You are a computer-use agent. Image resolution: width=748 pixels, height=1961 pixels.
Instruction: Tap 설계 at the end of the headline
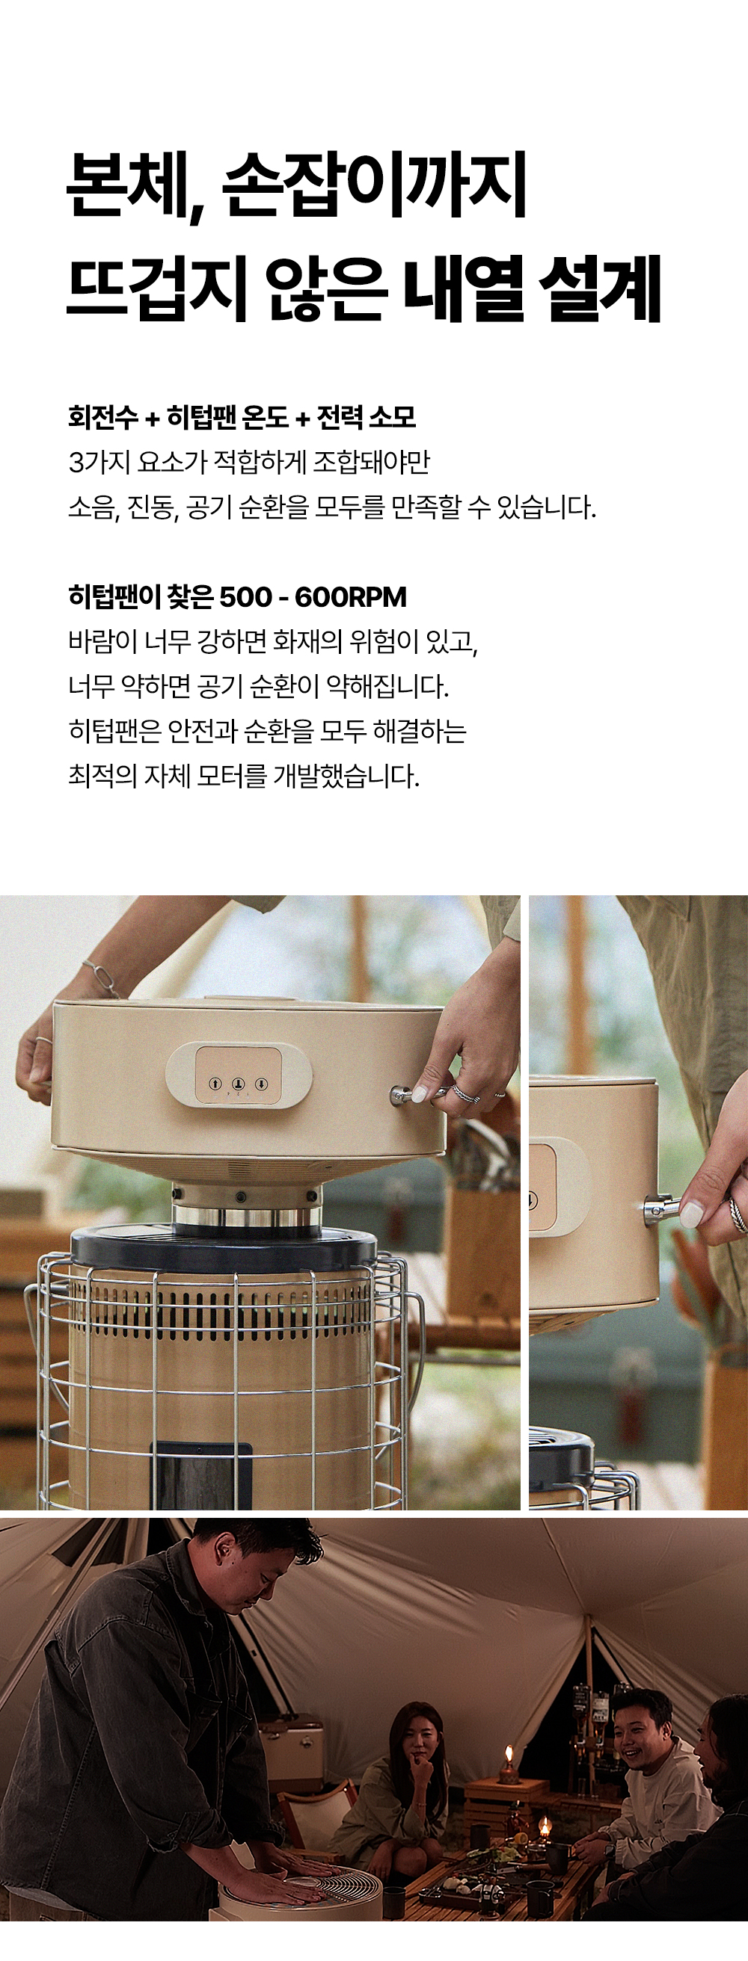click(x=601, y=288)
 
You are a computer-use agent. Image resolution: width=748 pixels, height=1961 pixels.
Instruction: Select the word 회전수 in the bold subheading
click(x=102, y=416)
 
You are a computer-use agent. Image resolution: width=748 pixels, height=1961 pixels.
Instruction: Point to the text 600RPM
click(x=350, y=597)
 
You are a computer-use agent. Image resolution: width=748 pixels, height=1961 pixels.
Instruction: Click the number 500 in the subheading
click(x=245, y=597)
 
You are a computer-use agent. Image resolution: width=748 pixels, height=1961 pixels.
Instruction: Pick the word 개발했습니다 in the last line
click(x=346, y=776)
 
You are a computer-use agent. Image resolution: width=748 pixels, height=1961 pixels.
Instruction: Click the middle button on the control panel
click(x=238, y=1084)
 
